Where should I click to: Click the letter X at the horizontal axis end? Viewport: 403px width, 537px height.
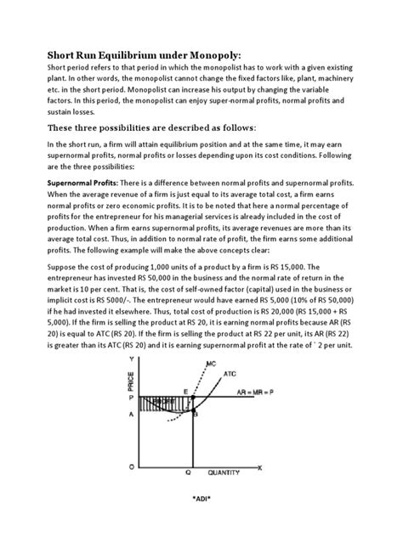tap(260, 466)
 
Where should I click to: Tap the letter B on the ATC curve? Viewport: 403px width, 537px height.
tap(195, 414)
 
